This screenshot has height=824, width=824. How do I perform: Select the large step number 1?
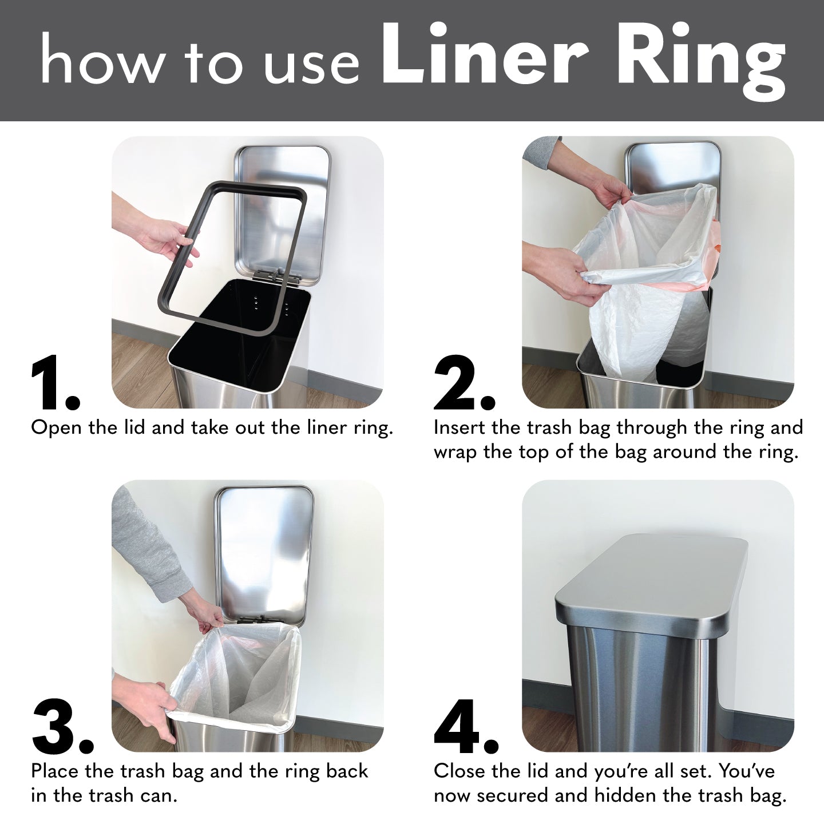(x=54, y=383)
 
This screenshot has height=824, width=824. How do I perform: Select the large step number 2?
(x=463, y=383)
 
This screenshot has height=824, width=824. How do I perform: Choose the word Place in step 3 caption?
(x=55, y=771)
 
